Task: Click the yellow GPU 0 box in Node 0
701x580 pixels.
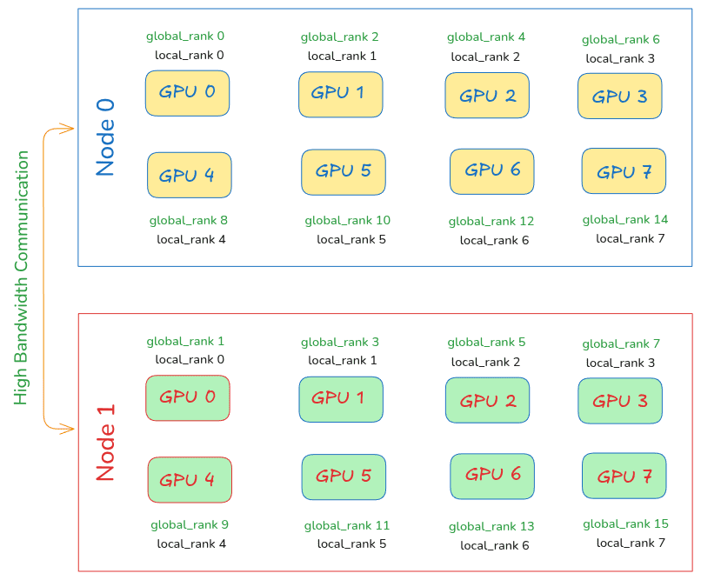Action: click(x=187, y=93)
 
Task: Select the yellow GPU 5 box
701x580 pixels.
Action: click(x=343, y=172)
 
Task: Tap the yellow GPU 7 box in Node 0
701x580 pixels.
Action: click(x=624, y=171)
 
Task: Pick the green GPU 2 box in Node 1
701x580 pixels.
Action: click(x=487, y=400)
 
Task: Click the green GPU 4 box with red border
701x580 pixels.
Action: click(x=190, y=480)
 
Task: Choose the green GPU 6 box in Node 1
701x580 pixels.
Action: click(x=492, y=476)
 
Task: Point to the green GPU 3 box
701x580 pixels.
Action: click(x=620, y=401)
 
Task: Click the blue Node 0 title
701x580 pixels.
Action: click(x=105, y=137)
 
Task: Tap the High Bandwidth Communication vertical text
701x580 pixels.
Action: click(x=23, y=278)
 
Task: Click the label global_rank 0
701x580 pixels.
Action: click(x=185, y=37)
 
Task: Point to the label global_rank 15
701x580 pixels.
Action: click(x=625, y=523)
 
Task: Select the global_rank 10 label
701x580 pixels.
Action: click(x=347, y=220)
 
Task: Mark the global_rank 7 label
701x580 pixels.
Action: click(x=621, y=343)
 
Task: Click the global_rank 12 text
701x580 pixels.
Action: click(x=491, y=221)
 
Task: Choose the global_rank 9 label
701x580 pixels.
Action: click(x=189, y=524)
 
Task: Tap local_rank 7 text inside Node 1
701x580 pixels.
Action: click(x=631, y=543)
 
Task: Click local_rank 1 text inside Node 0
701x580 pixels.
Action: click(x=342, y=56)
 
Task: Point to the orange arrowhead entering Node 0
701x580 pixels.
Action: click(x=70, y=130)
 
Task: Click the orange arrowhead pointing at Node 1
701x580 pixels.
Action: click(x=70, y=428)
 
